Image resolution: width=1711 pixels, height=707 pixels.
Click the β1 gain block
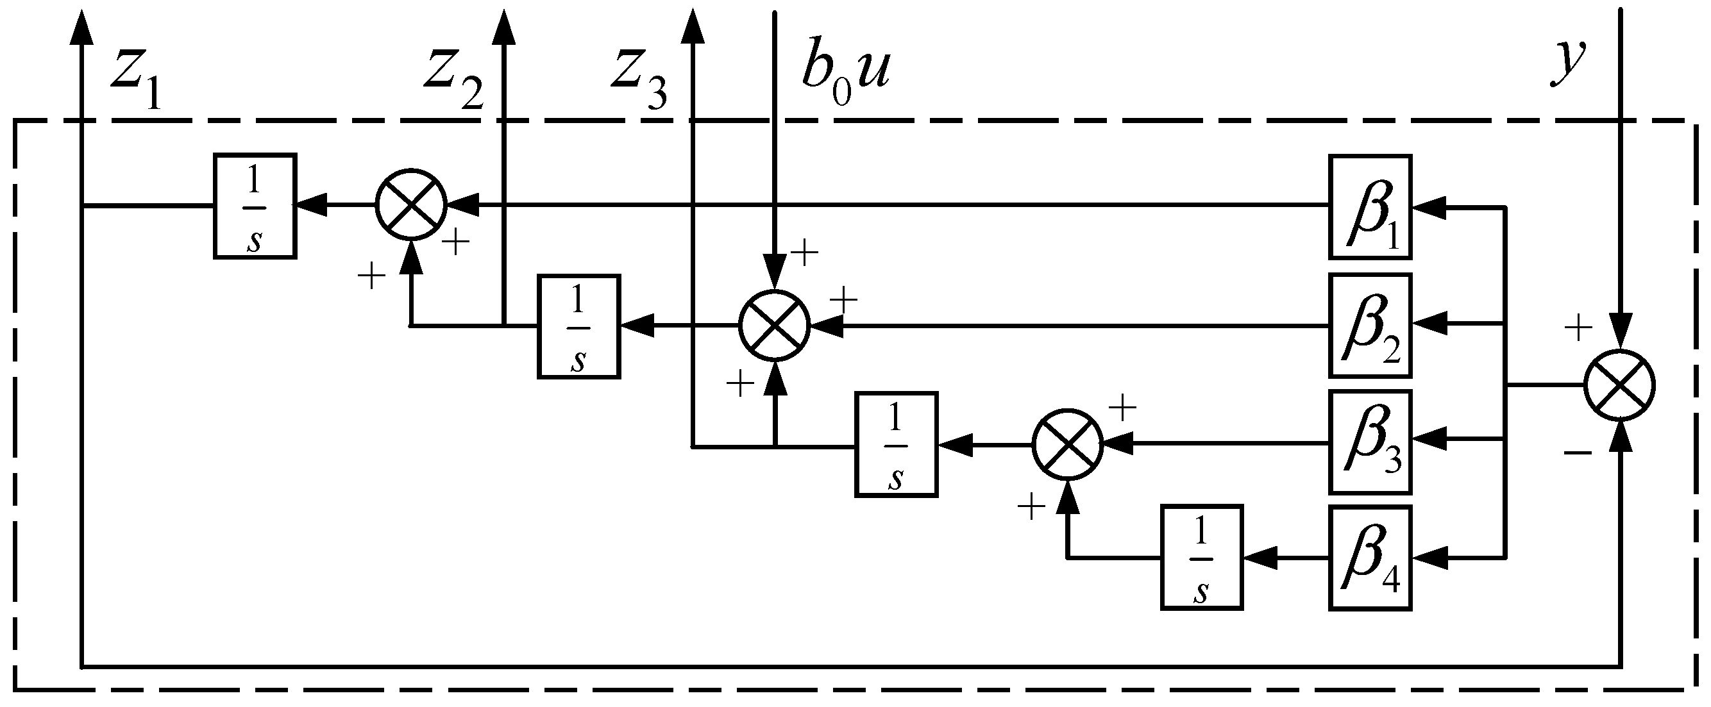[1370, 206]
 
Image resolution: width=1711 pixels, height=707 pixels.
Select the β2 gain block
[1370, 325]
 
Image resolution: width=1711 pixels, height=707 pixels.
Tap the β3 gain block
[1370, 442]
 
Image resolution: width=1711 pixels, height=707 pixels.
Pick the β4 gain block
[1370, 558]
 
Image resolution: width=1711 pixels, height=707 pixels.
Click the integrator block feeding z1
[255, 206]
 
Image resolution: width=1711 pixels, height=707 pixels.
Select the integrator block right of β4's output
[1202, 558]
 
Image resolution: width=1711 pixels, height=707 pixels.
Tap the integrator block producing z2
[578, 327]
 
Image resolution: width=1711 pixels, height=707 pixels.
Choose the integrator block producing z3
[896, 445]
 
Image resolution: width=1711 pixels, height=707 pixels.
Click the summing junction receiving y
[1619, 385]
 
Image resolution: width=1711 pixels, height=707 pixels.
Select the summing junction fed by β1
[411, 204]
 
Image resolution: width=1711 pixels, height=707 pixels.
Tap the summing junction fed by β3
[1067, 444]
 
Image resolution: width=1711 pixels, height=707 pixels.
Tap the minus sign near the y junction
[1578, 453]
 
